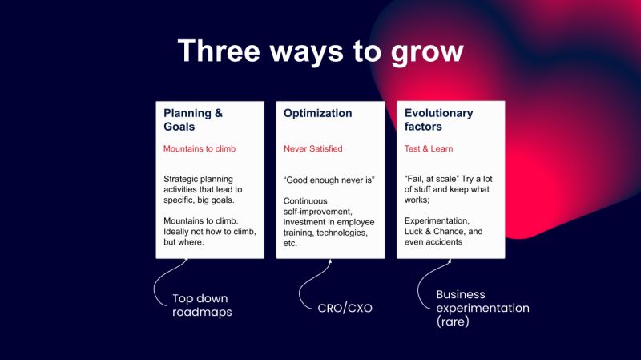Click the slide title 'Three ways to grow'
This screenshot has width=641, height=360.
pyautogui.click(x=320, y=50)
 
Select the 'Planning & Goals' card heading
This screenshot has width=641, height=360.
pyautogui.click(x=192, y=119)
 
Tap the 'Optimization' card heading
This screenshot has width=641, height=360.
pyautogui.click(x=317, y=113)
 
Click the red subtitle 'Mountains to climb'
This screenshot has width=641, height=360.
pyautogui.click(x=200, y=148)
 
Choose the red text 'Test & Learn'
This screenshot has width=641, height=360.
pyautogui.click(x=429, y=148)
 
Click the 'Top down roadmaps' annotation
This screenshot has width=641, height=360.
pyautogui.click(x=202, y=305)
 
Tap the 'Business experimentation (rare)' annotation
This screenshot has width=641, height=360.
pyautogui.click(x=482, y=308)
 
